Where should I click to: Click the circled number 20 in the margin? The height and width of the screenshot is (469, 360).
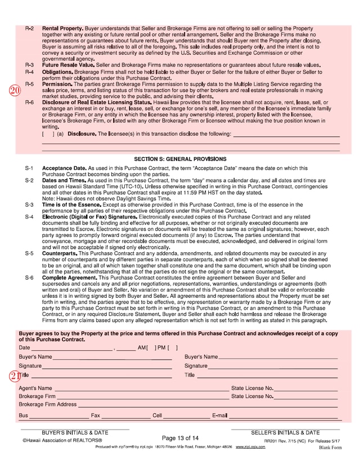click(x=15, y=90)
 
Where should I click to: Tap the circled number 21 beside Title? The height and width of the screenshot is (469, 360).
click(x=15, y=376)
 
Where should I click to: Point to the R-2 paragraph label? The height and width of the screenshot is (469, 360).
click(x=29, y=28)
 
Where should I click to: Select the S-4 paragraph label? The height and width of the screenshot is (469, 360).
click(x=29, y=217)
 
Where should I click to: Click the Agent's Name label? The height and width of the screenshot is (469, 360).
click(x=35, y=388)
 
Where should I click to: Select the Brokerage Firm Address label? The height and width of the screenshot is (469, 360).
click(x=47, y=404)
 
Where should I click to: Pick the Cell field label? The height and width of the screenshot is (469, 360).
click(x=157, y=416)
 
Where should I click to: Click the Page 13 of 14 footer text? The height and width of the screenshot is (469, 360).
click(x=180, y=438)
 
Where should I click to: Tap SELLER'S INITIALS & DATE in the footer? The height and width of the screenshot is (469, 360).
click(x=285, y=432)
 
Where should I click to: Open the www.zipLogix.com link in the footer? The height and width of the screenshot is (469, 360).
click(x=250, y=446)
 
